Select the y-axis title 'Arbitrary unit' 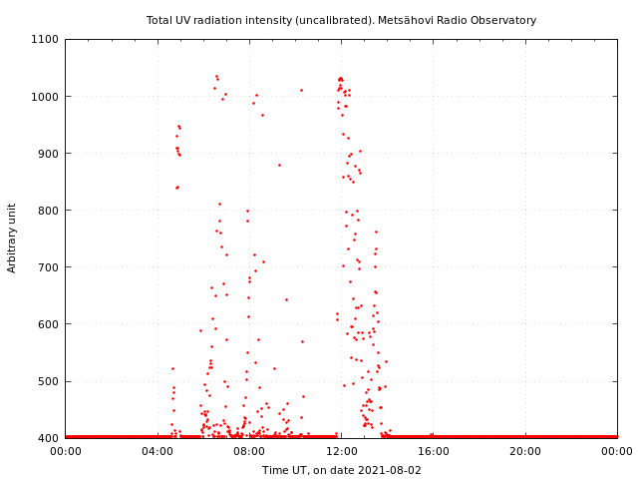(12, 239)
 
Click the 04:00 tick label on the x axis (158, 452)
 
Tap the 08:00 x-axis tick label (249, 452)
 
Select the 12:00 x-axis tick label (341, 452)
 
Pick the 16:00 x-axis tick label (434, 452)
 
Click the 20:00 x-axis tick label (525, 452)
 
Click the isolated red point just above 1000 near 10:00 (301, 90)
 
